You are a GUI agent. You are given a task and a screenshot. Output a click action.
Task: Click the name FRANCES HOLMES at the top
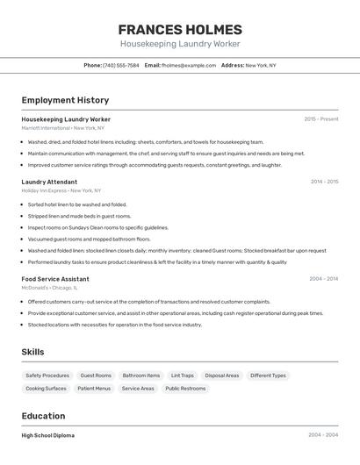179,29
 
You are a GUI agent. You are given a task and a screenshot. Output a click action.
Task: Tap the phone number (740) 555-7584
121,65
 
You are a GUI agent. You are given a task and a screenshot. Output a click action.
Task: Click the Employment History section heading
65,100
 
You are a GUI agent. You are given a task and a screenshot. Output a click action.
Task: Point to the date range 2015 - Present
321,118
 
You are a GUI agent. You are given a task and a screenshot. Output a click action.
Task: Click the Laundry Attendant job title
50,182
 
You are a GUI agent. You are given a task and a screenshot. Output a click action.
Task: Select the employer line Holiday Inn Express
61,190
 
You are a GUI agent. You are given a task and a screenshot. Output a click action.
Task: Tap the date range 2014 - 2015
324,182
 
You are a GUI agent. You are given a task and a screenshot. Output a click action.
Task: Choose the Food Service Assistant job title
55,279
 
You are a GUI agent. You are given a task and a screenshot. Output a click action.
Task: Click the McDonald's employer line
50,288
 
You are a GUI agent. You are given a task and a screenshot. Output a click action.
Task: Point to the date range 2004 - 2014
323,279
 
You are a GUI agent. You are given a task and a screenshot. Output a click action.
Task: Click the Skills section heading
33,352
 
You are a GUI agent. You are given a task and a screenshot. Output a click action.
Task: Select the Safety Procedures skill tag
47,376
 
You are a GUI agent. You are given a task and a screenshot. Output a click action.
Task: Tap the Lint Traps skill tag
183,376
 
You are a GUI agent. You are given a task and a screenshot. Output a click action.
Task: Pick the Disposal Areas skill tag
222,376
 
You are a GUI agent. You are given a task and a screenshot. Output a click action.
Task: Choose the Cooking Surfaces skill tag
46,388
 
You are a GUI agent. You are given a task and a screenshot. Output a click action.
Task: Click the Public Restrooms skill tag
184,388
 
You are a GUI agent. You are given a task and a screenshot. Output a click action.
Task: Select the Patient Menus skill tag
94,388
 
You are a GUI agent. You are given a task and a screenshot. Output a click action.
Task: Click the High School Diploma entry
48,435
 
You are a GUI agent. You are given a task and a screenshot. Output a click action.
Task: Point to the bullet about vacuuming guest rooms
89,239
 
